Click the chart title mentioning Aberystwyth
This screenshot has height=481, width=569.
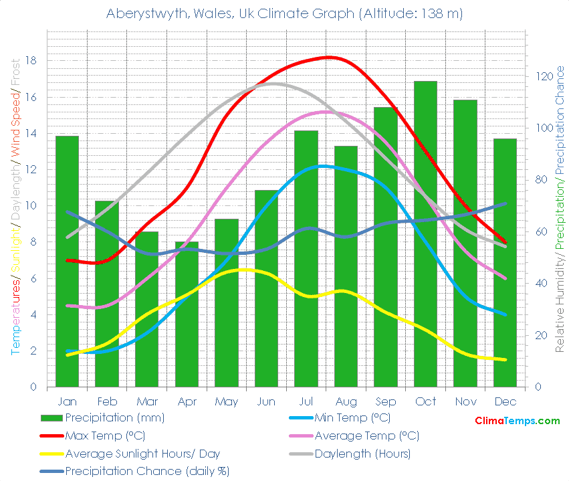point(284,13)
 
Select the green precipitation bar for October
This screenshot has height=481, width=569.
point(425,234)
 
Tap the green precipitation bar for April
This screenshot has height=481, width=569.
point(187,314)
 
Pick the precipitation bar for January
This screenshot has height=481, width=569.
point(67,261)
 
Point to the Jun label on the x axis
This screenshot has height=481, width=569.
point(266,402)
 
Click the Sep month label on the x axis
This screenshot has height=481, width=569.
point(385,402)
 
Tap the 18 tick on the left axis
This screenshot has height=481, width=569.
point(31,61)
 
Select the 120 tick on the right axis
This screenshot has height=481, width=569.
point(542,76)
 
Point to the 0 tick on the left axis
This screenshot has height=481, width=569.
point(33,387)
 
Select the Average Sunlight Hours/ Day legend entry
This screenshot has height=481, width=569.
point(142,454)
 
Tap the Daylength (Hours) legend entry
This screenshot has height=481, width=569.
point(362,454)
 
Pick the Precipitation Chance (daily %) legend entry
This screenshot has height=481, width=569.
point(147,471)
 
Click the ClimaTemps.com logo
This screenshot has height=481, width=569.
point(517,421)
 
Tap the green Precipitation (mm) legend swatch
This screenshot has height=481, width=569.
point(52,418)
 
